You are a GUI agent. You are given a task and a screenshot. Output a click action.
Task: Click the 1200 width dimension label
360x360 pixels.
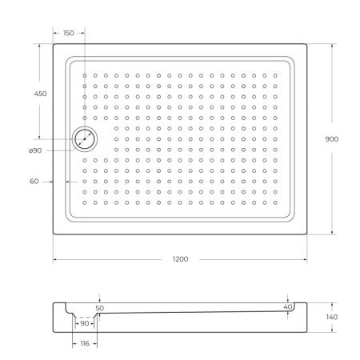[x=180, y=260]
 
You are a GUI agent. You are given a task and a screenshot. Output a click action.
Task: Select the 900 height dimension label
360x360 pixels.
[x=331, y=138]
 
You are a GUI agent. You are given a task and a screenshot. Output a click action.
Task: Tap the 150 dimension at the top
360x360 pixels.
[x=68, y=33]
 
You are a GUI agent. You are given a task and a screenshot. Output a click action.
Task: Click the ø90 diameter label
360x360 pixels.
[x=35, y=151]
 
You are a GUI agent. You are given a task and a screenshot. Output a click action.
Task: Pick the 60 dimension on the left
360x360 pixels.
[x=34, y=182]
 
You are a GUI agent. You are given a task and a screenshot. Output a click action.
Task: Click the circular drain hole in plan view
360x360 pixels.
[x=84, y=139]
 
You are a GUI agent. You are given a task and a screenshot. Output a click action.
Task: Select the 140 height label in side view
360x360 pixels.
[x=331, y=318]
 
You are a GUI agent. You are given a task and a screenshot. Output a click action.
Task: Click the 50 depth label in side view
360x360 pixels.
[x=99, y=307]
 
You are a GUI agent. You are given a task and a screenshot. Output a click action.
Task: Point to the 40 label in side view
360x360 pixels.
[x=287, y=306]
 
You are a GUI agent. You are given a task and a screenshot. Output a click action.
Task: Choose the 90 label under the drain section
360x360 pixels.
[x=85, y=323]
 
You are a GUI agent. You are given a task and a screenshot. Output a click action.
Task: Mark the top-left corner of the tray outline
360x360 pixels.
[x=54, y=44]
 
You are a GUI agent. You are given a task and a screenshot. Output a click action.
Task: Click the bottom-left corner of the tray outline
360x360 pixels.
[x=54, y=234]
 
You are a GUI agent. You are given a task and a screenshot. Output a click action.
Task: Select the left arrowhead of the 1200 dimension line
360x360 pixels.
[x=55, y=260]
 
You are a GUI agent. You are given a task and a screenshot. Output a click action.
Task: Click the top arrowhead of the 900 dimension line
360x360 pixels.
[x=331, y=45]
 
